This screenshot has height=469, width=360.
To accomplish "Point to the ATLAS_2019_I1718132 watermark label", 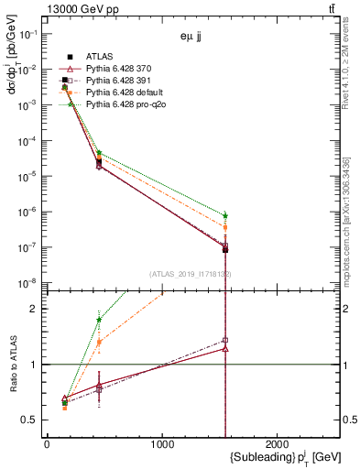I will [x=191, y=274].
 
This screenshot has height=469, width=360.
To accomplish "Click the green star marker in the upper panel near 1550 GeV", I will [x=225, y=216].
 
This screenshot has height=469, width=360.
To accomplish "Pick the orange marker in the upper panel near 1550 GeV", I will [x=225, y=227].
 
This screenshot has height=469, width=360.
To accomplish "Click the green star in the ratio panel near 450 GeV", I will [x=98, y=320].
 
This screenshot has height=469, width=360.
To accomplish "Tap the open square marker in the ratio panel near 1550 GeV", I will [x=225, y=341].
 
